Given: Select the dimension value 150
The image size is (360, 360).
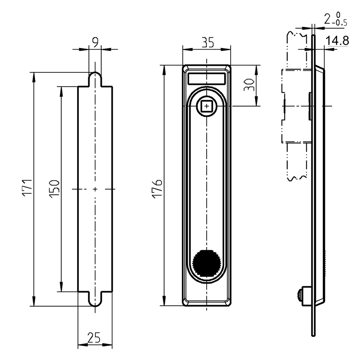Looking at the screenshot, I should point(54,189).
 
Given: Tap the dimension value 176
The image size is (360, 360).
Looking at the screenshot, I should point(157,189).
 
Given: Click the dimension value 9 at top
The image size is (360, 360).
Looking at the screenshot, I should point(95,42).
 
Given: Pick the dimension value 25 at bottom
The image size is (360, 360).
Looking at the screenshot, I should point(93,338).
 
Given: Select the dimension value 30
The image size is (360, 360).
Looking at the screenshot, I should point(249,85).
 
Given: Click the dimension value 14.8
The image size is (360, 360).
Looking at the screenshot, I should point(337,41).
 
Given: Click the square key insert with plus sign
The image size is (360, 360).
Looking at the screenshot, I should point(206,106).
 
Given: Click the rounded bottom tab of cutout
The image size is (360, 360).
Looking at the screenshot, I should point(95,300).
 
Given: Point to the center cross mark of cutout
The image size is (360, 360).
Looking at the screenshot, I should point(95,189).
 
